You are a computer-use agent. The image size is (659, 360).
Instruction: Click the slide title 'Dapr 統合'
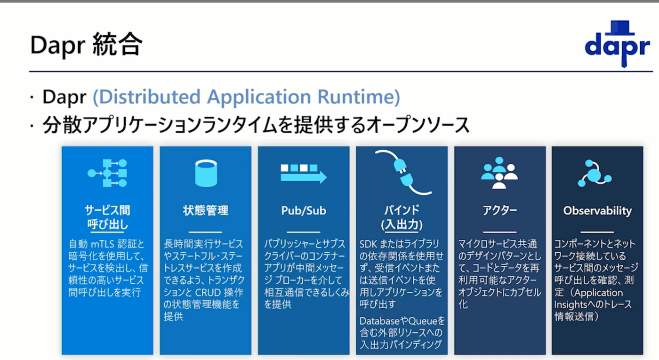[86, 45]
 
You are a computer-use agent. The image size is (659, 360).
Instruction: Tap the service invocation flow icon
[107, 173]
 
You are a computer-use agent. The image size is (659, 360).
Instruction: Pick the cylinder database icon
[206, 173]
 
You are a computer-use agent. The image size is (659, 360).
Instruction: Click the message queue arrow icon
[303, 174]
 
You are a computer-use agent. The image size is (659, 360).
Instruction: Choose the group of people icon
[499, 173]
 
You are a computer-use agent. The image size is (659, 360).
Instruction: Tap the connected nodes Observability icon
[595, 173]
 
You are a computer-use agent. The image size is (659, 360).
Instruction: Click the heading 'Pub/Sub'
[304, 211]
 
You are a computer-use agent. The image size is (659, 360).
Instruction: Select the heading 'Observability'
[597, 211]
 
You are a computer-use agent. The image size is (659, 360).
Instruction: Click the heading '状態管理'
[206, 211]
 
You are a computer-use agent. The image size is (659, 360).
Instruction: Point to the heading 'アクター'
[499, 210]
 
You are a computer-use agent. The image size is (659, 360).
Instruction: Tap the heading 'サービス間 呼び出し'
[107, 217]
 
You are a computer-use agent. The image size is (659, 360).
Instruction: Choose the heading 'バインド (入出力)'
[402, 217]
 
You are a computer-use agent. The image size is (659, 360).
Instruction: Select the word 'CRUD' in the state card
[208, 293]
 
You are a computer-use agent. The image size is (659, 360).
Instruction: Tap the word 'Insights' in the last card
[571, 304]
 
